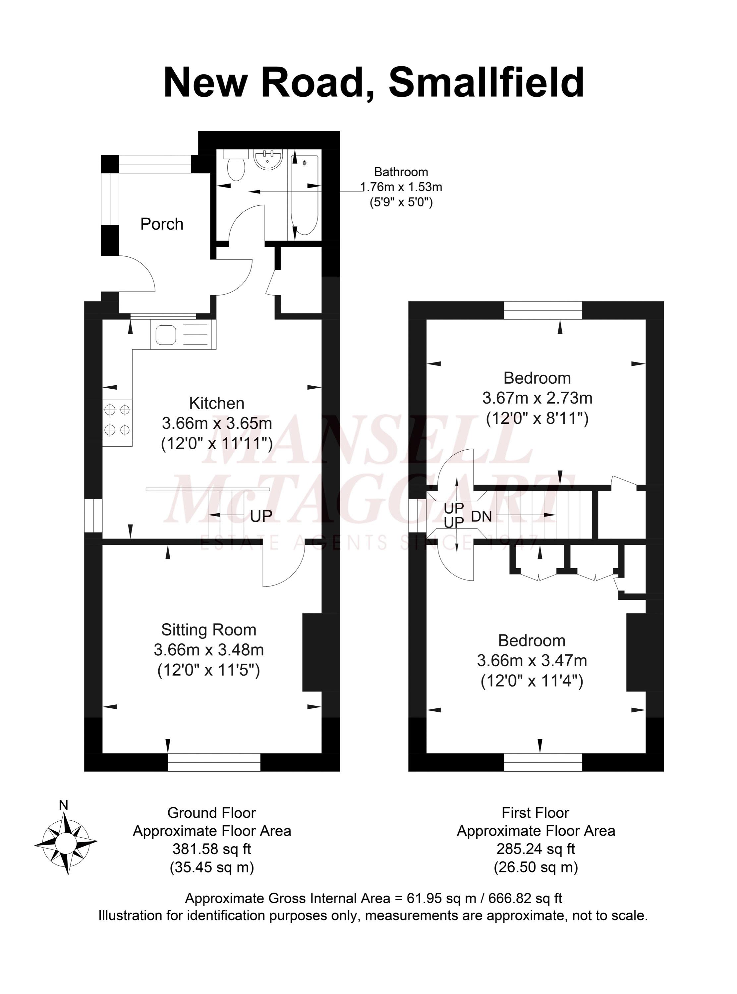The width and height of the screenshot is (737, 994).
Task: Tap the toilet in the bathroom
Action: coord(236,166)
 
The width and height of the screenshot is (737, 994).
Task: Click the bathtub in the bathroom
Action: coord(305,195)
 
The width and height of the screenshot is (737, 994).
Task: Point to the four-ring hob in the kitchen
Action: coord(117,419)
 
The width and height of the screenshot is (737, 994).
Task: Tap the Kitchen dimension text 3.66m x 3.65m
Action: coord(217,423)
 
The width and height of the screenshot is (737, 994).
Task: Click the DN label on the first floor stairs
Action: coord(482,517)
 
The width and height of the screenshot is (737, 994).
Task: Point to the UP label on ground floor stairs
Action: coord(261,516)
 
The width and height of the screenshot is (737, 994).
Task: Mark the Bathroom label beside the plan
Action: coord(401,172)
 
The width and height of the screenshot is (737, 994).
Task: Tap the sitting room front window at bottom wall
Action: coord(214,762)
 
